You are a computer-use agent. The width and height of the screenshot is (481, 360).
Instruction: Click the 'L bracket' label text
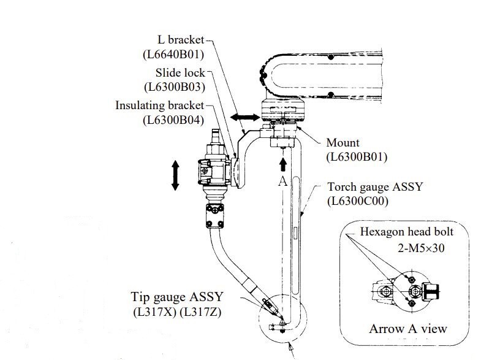181,40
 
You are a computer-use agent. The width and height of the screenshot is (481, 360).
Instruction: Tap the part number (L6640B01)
173,55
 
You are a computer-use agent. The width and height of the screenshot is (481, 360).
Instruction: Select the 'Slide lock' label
180,73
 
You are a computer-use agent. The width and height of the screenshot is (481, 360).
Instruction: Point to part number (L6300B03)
175,87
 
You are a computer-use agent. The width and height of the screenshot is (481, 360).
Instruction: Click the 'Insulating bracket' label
159,105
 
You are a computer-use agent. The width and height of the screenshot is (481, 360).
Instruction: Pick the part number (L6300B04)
173,120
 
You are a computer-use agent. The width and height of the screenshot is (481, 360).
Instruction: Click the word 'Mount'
343,143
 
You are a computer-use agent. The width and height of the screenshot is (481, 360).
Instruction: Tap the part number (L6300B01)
357,157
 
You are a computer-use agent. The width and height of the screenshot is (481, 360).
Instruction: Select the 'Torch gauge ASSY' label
375,187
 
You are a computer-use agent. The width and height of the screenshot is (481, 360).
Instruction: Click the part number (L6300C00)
358,201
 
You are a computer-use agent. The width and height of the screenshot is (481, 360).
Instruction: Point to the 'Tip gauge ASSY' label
177,297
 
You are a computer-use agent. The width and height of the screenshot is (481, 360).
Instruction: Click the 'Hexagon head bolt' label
406,232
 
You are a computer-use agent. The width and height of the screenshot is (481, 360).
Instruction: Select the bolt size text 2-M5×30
421,248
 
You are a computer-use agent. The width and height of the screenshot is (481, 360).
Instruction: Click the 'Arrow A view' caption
408,329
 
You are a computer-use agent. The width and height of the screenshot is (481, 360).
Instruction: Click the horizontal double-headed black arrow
245,117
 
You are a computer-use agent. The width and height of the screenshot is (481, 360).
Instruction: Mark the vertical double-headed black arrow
175,175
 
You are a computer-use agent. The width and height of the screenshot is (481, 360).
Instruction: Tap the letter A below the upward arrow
283,181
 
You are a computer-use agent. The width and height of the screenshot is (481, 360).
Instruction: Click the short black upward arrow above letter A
283,164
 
